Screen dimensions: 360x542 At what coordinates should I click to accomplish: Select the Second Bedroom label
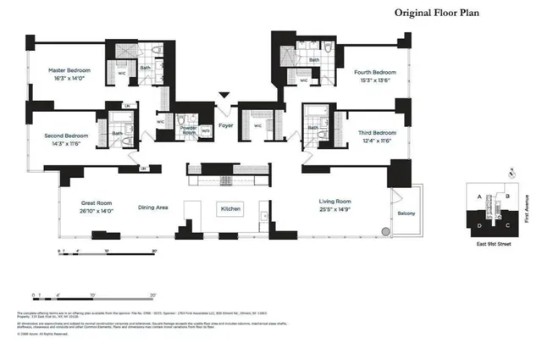[67, 135]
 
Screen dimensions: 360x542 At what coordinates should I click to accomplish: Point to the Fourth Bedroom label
[375, 73]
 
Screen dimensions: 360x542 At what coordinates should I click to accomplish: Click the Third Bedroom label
[377, 132]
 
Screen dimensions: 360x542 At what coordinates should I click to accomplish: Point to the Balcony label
[406, 213]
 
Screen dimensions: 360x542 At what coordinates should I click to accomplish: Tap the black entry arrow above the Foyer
[224, 97]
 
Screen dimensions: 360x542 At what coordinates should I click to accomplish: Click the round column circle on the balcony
[385, 231]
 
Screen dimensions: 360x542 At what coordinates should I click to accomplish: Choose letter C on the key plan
[506, 225]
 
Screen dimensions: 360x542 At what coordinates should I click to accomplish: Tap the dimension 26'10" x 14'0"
[98, 211]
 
